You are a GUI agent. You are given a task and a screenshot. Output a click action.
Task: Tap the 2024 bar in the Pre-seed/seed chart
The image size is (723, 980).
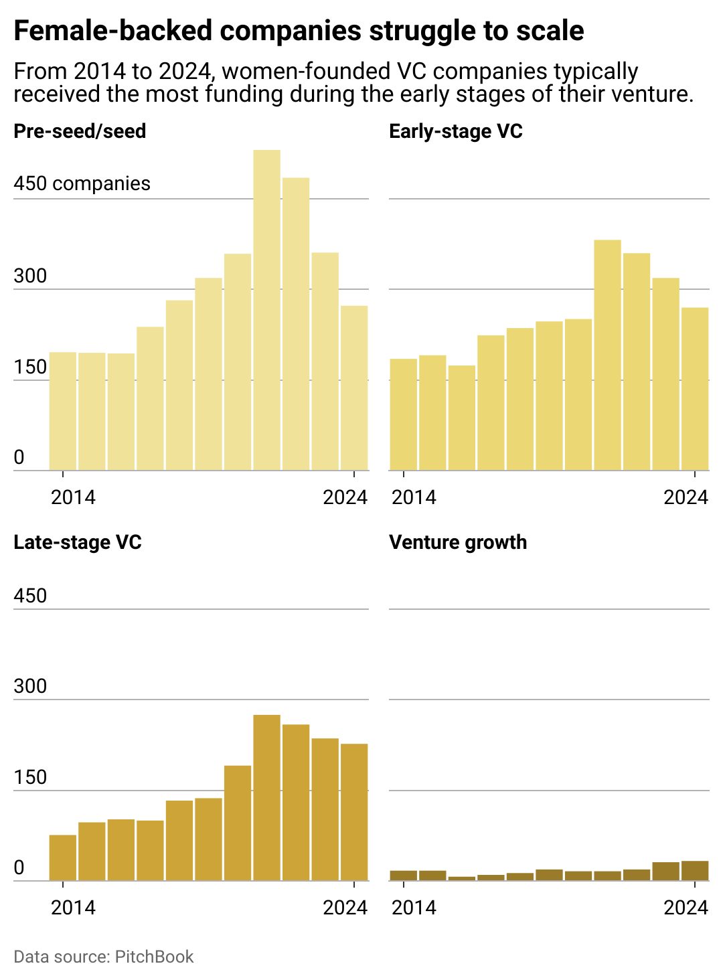point(354,388)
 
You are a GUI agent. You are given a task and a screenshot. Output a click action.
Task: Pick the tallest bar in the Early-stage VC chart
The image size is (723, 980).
point(607,355)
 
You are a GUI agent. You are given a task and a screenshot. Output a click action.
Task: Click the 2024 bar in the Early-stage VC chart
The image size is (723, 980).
point(695,388)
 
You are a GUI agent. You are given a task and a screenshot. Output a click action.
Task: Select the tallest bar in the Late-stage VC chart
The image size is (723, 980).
point(266,797)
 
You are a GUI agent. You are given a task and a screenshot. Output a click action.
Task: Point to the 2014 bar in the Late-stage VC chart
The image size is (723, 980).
point(63,857)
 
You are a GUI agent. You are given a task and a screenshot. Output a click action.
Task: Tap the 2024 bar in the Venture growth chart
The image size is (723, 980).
point(695,870)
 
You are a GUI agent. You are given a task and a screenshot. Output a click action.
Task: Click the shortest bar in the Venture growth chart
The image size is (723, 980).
point(461,878)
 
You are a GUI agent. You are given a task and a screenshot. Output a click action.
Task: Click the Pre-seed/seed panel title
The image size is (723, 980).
point(80,131)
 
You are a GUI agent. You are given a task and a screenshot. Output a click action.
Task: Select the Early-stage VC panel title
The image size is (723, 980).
point(455,131)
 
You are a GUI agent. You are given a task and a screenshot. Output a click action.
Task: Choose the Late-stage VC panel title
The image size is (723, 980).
point(78,542)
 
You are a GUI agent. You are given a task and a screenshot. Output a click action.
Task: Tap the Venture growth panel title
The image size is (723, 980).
point(458,542)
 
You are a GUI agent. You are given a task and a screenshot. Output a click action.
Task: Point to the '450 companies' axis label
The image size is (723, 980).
point(82,183)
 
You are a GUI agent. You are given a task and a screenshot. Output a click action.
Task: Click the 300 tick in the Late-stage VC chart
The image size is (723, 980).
point(30,686)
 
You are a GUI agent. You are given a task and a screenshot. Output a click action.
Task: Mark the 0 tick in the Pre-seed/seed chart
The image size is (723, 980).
point(19,457)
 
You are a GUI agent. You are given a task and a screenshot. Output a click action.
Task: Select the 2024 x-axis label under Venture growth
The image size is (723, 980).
point(686,907)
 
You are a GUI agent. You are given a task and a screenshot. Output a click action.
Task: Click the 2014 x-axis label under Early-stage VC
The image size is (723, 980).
point(414,497)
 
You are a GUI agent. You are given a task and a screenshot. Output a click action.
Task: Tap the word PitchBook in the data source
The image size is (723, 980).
point(154,957)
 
